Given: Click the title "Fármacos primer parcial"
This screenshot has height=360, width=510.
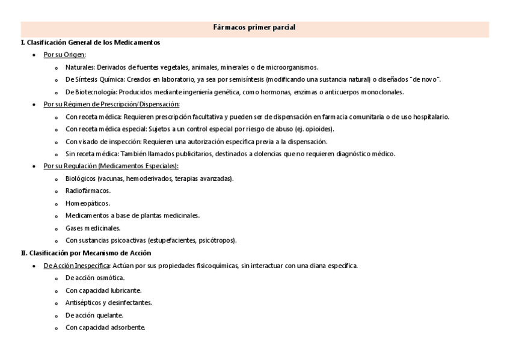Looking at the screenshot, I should point(254,28).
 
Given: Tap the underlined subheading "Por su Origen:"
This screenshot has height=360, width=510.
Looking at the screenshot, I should point(64,55).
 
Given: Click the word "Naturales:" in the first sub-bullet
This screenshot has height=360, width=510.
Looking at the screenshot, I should point(80,67).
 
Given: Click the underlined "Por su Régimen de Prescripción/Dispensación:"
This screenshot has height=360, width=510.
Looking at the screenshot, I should point(103,105).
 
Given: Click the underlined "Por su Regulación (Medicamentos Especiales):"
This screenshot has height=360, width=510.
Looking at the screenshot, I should point(111,166).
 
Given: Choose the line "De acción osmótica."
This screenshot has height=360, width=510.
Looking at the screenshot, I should point(95,278).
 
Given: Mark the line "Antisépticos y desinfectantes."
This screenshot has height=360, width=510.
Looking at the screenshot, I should point(108,303).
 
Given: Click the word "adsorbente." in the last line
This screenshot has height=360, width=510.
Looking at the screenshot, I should point(129,328).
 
